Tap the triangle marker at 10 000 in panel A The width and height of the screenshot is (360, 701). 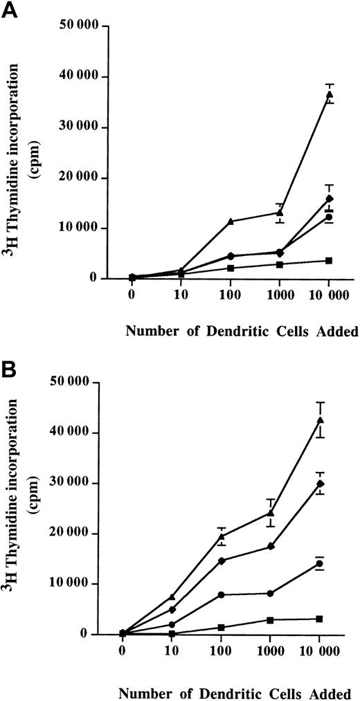tap(330, 93)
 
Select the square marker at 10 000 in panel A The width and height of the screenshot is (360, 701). tap(330, 260)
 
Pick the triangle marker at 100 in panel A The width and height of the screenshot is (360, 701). tap(230, 221)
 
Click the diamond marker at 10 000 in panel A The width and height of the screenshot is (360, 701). tap(330, 198)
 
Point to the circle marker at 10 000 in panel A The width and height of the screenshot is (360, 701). tap(330, 217)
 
